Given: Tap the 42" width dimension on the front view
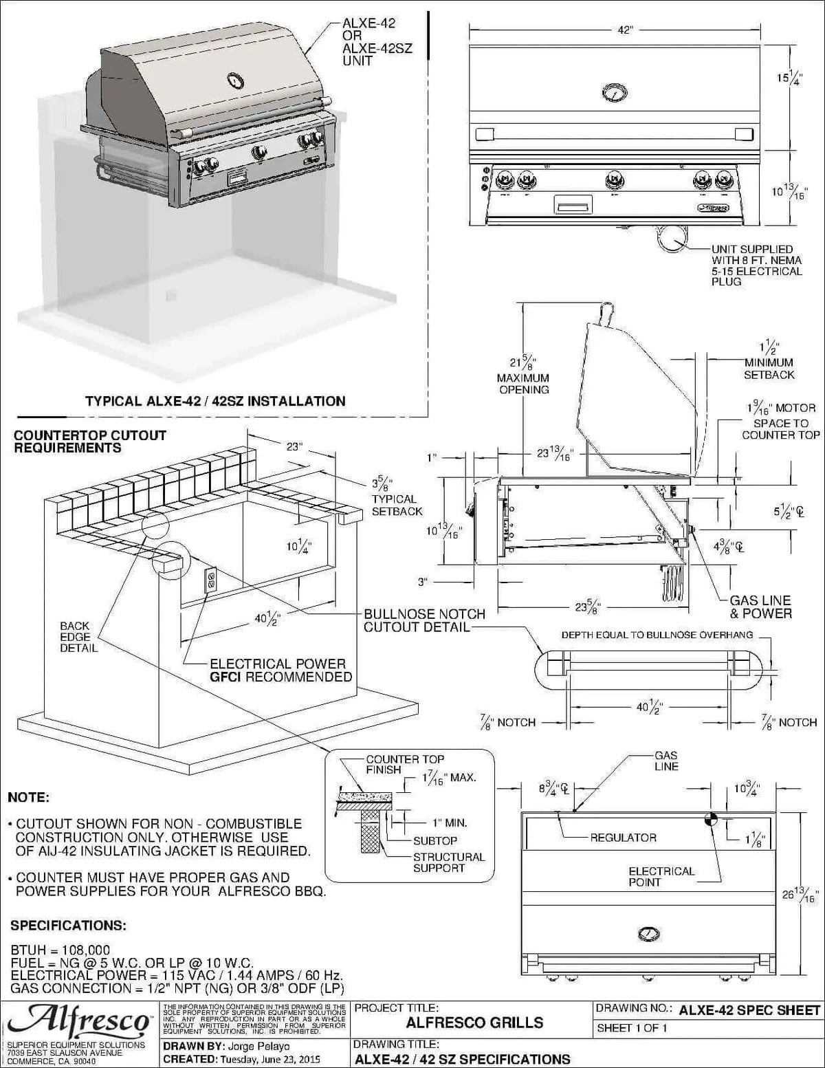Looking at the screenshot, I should [624, 31].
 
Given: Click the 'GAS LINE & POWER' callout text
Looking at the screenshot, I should [760, 607].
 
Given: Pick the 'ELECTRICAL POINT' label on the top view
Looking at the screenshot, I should [661, 876].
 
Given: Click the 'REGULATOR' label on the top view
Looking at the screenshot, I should [623, 838].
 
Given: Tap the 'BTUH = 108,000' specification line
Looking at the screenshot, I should [60, 950].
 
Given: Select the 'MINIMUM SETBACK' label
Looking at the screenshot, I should [769, 369].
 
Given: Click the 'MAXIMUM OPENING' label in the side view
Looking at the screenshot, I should [523, 384].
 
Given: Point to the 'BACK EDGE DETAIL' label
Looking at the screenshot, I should [78, 637].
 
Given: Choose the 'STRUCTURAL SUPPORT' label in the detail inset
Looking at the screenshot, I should [448, 862].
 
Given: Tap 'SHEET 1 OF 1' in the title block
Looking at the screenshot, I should [632, 1028].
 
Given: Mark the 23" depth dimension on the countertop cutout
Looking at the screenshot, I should [294, 447].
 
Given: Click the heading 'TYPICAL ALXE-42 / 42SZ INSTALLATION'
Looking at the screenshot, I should [215, 401].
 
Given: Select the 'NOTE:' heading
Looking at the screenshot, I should [28, 798].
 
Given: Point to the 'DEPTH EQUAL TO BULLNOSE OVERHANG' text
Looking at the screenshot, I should [657, 635].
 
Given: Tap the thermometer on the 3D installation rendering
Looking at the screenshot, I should [235, 82].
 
